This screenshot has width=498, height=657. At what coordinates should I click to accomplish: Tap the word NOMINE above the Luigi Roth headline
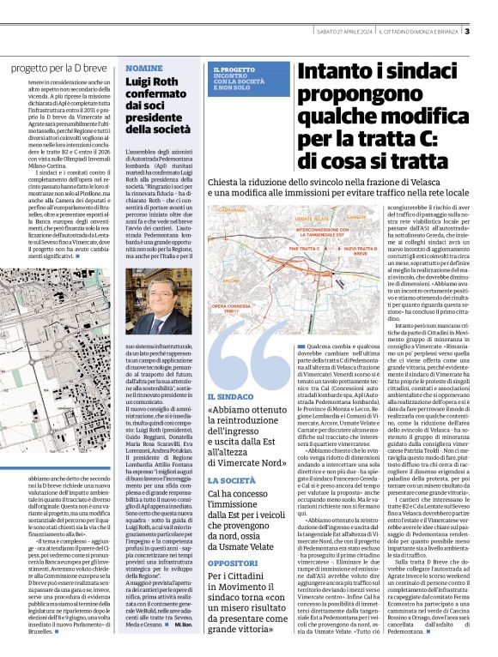(143, 67)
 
